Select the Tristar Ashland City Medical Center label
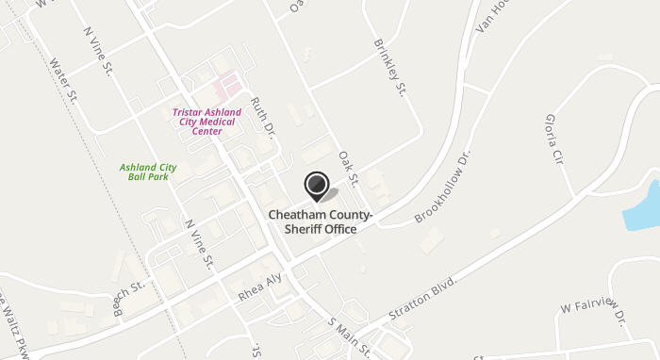pyautogui.click(x=207, y=122)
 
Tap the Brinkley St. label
pyautogui.click(x=389, y=67)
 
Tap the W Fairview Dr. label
pyautogui.click(x=594, y=312)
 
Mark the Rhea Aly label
pyautogui.click(x=260, y=287)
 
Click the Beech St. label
pyautogui.click(x=127, y=297)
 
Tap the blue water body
pyautogui.click(x=643, y=205)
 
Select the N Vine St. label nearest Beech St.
pyautogui.click(x=201, y=243)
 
